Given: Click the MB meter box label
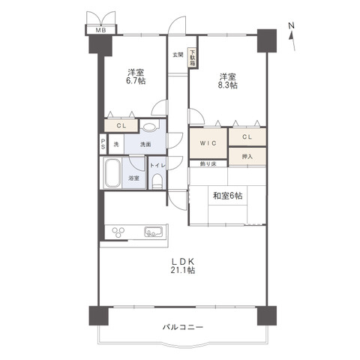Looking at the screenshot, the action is point(101,30).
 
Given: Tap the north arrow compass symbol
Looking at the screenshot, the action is point(292,37).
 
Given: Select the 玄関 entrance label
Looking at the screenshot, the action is point(178,55).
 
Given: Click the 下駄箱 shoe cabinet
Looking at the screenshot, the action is point(192,58).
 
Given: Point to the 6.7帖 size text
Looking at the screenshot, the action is point(136,81).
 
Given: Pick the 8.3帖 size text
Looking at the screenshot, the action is point(228,85).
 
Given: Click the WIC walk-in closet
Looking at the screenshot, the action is point(208,143).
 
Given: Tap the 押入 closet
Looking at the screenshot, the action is point(247,157).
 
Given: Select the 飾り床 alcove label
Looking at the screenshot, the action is point(208,164).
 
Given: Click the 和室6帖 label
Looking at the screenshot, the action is point(227,196).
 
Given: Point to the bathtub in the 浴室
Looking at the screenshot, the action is point(112,173).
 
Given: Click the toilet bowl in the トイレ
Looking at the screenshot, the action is point(157,181).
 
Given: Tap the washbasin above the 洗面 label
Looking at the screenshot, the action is point(150,127).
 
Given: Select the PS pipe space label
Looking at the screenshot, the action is point(103,145).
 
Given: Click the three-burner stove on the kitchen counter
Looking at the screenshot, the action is point(118,232).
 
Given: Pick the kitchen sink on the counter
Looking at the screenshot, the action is point(153,232).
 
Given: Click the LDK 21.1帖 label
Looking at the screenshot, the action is point(183,265).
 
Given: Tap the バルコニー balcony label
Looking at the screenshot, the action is point(183,327).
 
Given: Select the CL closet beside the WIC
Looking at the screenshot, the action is point(247,136).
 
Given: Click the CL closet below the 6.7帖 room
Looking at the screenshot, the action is point(121,126).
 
